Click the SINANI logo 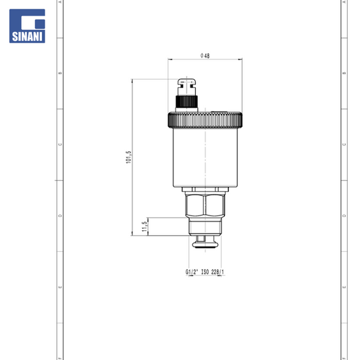click(27, 26)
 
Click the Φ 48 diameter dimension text click(205, 55)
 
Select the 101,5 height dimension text click(128, 157)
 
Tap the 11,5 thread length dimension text click(145, 227)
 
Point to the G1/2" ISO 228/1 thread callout click(205, 272)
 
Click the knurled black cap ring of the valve click(205, 120)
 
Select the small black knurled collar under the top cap click(186, 102)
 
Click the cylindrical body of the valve click(205, 157)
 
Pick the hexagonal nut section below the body click(205, 205)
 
